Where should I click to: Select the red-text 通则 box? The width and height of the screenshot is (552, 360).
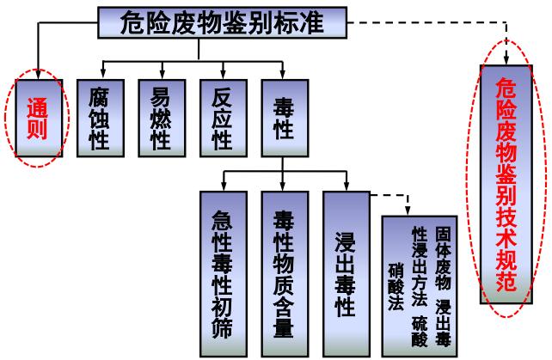click(x=38, y=119)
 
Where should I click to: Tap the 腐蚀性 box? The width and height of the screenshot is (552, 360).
click(x=99, y=119)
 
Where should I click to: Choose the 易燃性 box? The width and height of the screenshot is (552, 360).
click(x=161, y=119)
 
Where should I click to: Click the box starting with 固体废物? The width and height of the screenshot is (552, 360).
click(x=420, y=284)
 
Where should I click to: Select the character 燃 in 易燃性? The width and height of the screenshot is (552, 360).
click(x=161, y=119)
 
